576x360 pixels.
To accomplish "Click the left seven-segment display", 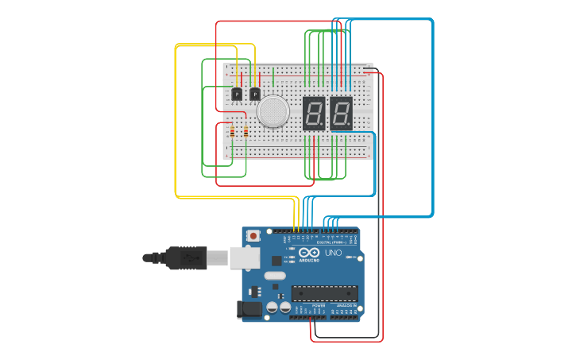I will click(x=314, y=114).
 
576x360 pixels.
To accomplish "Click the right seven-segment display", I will click(x=341, y=114).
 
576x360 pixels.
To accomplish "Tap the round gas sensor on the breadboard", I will click(x=273, y=111).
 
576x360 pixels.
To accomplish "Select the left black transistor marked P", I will click(x=237, y=95).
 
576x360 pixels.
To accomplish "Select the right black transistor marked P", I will click(x=254, y=95).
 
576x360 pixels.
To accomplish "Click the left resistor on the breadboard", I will click(x=232, y=132).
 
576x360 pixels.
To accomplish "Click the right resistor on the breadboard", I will click(x=245, y=132).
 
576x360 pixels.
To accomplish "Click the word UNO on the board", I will click(x=334, y=253).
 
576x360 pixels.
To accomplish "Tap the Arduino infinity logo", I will click(x=308, y=254).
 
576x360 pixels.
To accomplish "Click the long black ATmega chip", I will click(x=324, y=293).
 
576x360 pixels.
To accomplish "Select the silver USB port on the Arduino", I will click(x=245, y=257).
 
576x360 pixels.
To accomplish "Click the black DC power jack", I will click(x=249, y=309).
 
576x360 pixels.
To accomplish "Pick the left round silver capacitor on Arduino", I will click(x=272, y=307).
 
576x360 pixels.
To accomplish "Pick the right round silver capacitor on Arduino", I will click(x=284, y=307).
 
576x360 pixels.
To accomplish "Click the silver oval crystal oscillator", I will click(x=275, y=276).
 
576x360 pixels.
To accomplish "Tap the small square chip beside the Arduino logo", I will click(x=276, y=260).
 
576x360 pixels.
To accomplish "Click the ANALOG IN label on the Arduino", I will click(x=346, y=305).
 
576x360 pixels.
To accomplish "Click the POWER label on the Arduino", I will click(x=319, y=305).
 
